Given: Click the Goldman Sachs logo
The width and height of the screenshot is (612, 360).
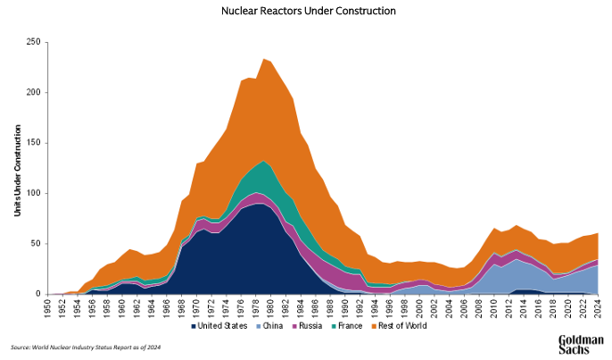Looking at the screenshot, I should [580, 343].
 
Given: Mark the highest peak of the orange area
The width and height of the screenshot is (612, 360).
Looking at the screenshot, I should [264, 60].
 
